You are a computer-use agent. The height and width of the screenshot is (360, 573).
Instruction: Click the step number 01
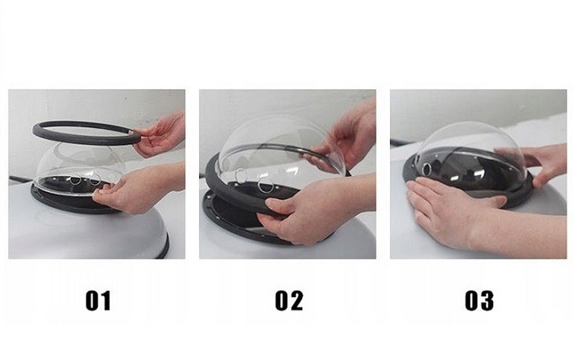(98, 301)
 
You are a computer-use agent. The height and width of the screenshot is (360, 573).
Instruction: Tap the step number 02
(288, 301)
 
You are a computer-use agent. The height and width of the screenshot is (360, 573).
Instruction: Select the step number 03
(479, 301)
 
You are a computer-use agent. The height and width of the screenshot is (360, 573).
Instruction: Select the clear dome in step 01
(80, 169)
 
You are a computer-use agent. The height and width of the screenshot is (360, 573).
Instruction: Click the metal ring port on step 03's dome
(426, 169)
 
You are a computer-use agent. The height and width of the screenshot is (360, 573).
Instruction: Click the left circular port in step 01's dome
(76, 180)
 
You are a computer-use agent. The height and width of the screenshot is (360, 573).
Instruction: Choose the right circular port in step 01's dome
(95, 179)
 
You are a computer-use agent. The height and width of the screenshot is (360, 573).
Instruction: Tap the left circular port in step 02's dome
(241, 175)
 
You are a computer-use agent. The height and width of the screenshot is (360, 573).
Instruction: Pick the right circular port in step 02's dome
(265, 185)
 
